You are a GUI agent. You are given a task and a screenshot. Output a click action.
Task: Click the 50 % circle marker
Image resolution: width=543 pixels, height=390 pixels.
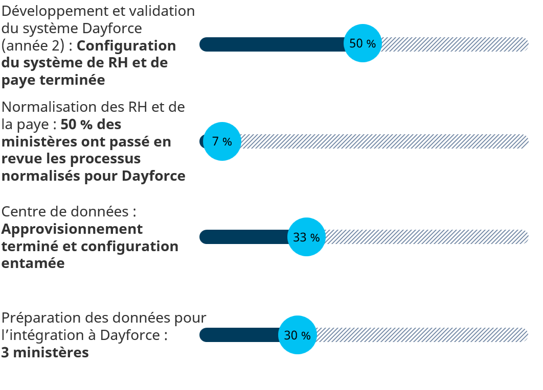pyautogui.click(x=363, y=43)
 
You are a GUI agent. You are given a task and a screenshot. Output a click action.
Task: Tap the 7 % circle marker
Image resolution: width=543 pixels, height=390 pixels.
pyautogui.click(x=222, y=141)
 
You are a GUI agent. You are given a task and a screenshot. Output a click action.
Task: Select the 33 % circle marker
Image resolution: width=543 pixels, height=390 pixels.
pyautogui.click(x=306, y=237)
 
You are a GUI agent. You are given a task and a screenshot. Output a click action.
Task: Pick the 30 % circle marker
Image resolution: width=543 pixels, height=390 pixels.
pyautogui.click(x=297, y=335)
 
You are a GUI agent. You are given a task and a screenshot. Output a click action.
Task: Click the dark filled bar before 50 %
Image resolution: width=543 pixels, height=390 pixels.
pyautogui.click(x=271, y=44)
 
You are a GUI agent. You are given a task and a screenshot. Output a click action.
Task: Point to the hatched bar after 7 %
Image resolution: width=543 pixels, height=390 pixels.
pyautogui.click(x=383, y=141)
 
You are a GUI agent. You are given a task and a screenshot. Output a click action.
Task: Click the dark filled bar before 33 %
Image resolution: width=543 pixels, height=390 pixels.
pyautogui.click(x=243, y=237)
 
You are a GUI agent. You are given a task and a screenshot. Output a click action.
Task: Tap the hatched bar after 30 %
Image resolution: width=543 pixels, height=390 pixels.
pyautogui.click(x=422, y=335)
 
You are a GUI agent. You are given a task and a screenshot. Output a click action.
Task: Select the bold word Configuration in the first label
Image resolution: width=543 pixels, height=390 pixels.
pyautogui.click(x=126, y=46)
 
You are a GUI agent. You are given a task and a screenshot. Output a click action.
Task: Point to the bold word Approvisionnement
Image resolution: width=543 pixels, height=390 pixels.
pyautogui.click(x=72, y=229)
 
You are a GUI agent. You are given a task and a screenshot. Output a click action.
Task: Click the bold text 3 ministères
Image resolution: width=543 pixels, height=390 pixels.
pyautogui.click(x=45, y=353)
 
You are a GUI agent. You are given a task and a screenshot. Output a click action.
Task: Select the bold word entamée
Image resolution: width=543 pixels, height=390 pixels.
pyautogui.click(x=33, y=263)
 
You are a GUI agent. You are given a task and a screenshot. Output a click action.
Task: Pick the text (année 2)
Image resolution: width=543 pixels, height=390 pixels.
pyautogui.click(x=33, y=46)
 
